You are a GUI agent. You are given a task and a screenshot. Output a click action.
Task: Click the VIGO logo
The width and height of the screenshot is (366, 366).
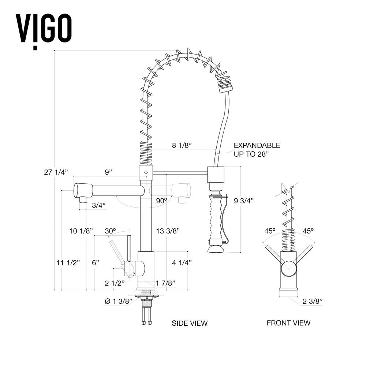click(x=43, y=29)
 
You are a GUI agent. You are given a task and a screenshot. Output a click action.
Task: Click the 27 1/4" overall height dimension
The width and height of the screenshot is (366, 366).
click(x=56, y=172)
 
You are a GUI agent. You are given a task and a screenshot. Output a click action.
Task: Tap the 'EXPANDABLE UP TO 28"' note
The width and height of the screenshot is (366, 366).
click(x=257, y=150)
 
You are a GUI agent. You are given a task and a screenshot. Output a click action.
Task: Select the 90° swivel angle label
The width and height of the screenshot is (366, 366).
click(x=161, y=200)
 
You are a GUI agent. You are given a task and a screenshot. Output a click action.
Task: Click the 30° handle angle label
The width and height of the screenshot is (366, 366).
click(x=110, y=231)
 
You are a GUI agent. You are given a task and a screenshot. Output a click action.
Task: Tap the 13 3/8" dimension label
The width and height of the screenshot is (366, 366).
click(x=168, y=231)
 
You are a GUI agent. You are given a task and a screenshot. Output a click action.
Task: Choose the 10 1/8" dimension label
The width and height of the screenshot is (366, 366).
click(x=81, y=231)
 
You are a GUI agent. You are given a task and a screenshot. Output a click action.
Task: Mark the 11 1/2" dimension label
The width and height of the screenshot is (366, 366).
click(x=68, y=263)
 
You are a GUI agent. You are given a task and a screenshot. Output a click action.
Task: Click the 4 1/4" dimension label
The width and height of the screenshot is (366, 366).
click(x=182, y=262)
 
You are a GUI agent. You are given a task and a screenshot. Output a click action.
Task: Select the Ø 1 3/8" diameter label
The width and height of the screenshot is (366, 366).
click(x=118, y=301)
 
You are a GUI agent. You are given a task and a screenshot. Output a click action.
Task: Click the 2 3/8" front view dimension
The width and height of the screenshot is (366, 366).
click(x=312, y=301)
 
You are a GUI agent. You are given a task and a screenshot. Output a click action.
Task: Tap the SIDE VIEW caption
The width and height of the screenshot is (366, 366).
click(x=190, y=323)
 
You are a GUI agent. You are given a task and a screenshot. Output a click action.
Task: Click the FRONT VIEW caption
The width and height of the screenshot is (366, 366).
click(x=288, y=323)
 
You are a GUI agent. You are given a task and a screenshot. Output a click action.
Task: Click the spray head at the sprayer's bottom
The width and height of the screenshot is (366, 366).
click(x=216, y=250)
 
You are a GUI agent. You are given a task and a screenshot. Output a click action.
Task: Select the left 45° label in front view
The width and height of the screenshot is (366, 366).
click(x=270, y=231)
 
